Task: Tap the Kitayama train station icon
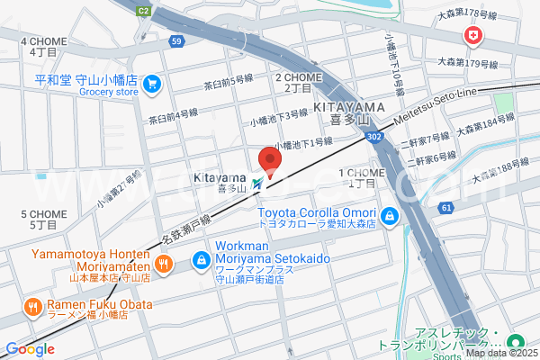pos(258,183)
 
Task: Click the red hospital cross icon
pos(471,36)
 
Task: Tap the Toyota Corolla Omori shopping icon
pos(389,216)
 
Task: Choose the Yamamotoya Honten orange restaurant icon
pos(162,264)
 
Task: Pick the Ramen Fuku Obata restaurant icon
pos(32,306)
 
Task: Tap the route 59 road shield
pos(176,41)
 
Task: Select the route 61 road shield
pos(445,208)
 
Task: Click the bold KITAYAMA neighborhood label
pos(348,106)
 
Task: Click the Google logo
pos(30,349)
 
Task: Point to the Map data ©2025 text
pos(500,352)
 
